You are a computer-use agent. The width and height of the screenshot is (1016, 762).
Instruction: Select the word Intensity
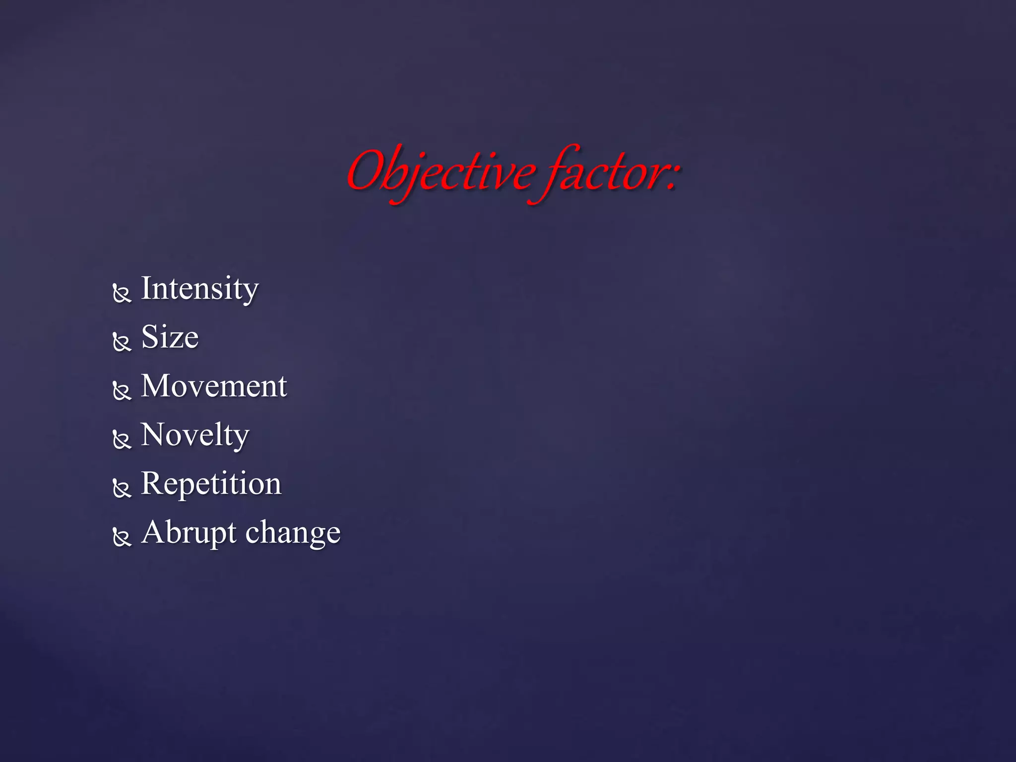point(199,288)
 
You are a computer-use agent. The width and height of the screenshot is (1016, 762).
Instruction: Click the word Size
point(170,337)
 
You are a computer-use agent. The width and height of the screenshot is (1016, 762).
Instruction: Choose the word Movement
point(214,385)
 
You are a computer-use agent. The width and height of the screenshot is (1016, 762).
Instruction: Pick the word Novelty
point(195,435)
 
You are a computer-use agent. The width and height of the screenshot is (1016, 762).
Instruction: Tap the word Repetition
point(211,483)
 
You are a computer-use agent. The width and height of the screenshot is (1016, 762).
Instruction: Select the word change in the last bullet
point(293,533)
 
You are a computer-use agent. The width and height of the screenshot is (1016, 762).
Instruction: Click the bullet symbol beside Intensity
point(122,293)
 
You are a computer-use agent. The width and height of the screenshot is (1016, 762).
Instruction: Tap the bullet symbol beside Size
point(122,342)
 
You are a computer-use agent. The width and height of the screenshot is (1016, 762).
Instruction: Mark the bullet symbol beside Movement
point(122,390)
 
